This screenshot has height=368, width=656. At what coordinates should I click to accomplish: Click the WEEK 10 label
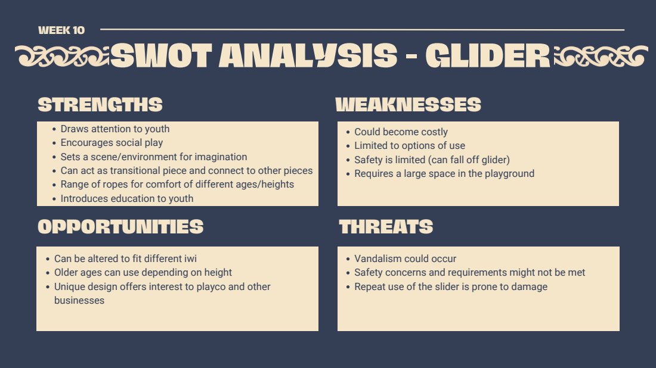(61, 30)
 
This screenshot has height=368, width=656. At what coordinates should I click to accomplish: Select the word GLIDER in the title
(488, 55)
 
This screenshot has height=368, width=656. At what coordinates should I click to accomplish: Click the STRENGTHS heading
(100, 104)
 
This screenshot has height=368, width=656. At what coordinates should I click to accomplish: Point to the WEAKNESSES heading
(409, 104)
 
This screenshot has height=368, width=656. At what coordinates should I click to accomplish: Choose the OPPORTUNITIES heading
(120, 227)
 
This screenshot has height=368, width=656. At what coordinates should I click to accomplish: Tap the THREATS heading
(386, 227)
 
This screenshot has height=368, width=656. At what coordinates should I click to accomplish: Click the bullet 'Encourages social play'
(112, 143)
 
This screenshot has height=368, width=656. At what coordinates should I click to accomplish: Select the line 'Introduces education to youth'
(127, 198)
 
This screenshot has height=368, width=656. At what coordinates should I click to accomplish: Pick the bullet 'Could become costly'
(401, 132)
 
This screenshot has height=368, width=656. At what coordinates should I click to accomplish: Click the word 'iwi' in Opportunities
(190, 258)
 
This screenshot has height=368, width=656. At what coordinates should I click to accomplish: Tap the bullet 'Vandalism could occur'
(405, 258)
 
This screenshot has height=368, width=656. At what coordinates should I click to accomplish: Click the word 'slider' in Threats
(449, 286)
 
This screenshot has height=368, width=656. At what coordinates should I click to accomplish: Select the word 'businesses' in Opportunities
(79, 300)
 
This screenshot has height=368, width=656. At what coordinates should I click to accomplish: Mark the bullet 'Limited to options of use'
(410, 146)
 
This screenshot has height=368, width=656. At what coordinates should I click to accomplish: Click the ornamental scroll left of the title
(62, 56)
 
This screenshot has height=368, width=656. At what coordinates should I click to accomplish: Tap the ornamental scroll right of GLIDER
(601, 56)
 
